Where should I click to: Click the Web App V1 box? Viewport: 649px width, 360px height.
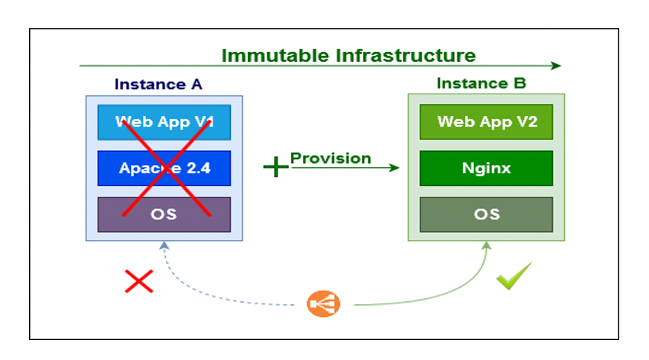coord(164,122)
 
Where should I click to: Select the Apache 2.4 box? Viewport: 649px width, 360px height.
coord(164,168)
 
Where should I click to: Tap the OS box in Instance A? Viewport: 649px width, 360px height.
coord(164,214)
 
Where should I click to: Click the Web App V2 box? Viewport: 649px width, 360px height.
coord(486,122)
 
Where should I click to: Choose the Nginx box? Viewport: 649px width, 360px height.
coord(486,168)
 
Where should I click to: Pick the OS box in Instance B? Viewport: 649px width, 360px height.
coord(486,214)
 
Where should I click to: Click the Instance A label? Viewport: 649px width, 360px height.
coord(159,84)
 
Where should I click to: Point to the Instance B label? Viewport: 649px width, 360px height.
coord(482,83)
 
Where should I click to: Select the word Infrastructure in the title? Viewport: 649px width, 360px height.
coord(406,56)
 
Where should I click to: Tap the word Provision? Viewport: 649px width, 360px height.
coord(330,158)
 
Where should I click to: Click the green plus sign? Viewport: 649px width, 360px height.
coord(275,167)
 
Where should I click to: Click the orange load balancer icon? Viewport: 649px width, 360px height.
coord(324,303)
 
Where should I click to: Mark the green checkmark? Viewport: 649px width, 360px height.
coord(514,276)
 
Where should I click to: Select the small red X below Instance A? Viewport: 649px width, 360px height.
coord(138,280)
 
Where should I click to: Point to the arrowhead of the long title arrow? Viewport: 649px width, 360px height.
coord(556,66)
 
